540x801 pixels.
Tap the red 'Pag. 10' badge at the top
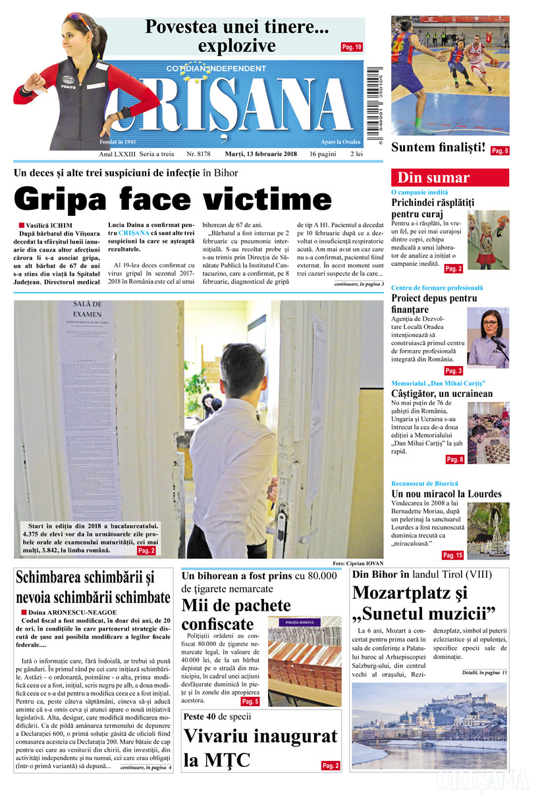coord(352,47)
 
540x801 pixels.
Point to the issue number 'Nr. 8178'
coord(198,153)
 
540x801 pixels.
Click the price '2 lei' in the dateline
coord(358,153)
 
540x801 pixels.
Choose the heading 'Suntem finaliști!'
coord(438,147)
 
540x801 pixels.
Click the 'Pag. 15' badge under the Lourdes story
coord(452,555)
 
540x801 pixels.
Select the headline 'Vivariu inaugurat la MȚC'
coord(259,748)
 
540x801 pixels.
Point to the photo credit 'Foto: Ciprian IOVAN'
coord(358,564)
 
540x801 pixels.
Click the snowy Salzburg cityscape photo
coord(429,725)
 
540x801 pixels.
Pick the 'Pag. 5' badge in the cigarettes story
coord(250,702)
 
